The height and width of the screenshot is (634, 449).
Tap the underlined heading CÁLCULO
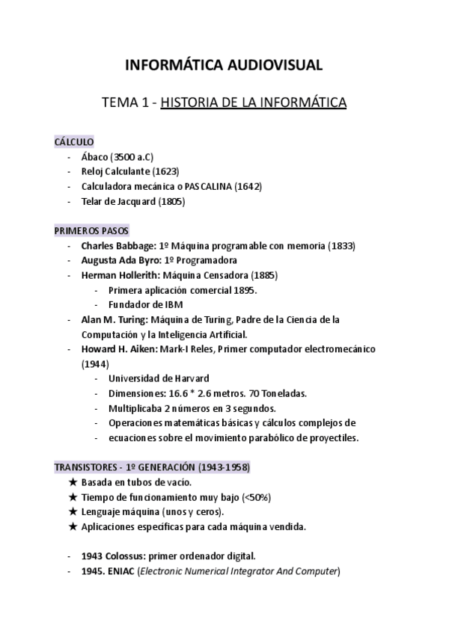tap(74, 141)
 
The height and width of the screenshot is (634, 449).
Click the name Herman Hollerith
tap(118, 275)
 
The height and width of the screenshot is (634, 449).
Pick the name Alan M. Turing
tap(113, 319)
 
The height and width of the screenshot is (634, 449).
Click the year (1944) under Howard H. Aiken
tap(95, 364)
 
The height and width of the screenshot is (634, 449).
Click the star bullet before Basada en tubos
tap(73, 482)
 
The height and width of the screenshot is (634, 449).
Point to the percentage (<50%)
tap(256, 497)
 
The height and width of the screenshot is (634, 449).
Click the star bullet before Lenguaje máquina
tap(73, 512)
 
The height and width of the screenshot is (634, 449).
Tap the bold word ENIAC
tap(123, 572)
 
